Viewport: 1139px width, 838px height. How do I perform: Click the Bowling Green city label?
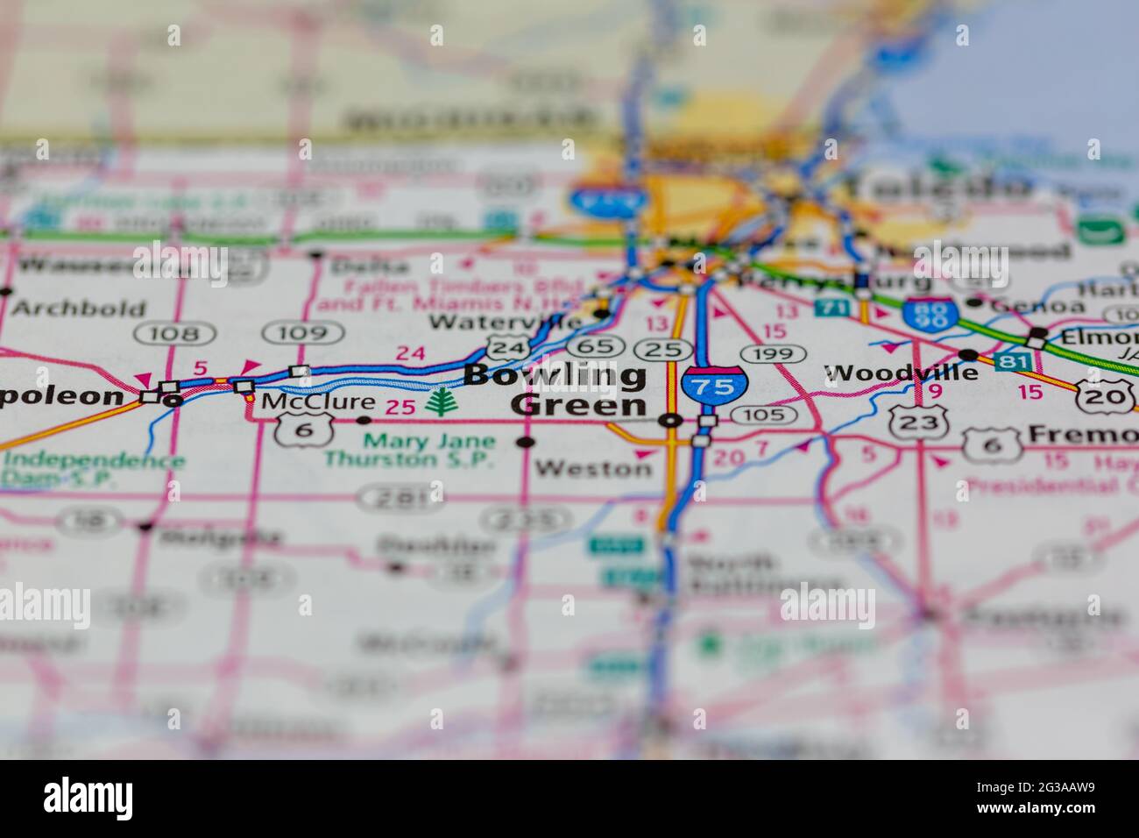click(x=557, y=390)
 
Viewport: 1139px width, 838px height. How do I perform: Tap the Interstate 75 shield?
click(x=715, y=387)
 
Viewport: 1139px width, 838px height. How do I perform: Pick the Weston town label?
click(x=593, y=468)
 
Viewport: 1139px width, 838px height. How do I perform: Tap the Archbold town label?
click(x=79, y=309)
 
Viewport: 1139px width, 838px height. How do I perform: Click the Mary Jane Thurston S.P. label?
click(x=410, y=450)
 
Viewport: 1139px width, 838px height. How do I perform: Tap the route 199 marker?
click(x=773, y=354)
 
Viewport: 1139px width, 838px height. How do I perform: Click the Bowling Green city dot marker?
click(x=670, y=421)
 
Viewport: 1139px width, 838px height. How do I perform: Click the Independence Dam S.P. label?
click(x=92, y=469)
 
